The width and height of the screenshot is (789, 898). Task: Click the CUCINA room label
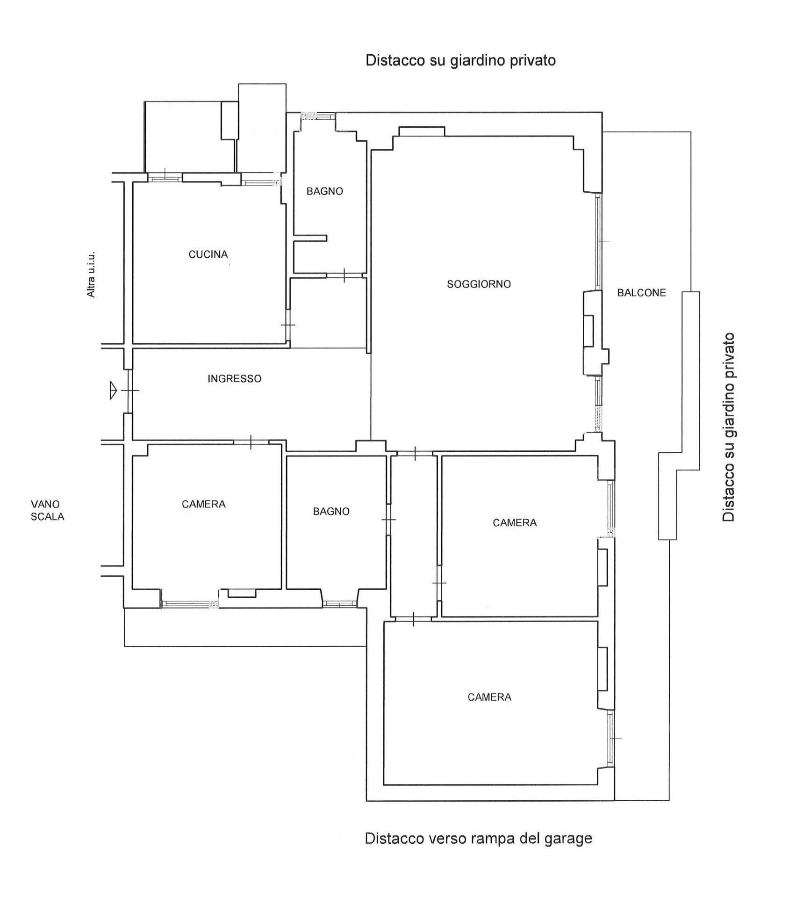click(x=208, y=254)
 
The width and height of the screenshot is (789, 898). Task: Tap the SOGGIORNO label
click(x=479, y=284)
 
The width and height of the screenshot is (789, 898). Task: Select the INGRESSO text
click(x=234, y=378)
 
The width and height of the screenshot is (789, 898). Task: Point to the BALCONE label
click(x=641, y=293)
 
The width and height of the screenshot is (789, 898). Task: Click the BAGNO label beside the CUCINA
click(x=324, y=191)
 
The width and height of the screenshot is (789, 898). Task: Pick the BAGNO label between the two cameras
click(x=331, y=511)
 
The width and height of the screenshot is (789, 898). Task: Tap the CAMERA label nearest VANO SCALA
click(x=203, y=504)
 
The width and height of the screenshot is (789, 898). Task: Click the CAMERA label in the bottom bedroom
click(x=489, y=697)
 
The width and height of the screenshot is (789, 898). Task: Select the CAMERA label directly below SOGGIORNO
click(x=515, y=522)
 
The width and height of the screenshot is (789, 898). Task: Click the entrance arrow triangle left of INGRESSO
click(x=113, y=390)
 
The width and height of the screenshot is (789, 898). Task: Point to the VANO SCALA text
click(x=47, y=510)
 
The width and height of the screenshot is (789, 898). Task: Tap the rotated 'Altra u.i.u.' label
click(x=91, y=275)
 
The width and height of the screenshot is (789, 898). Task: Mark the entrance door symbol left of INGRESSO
click(x=130, y=390)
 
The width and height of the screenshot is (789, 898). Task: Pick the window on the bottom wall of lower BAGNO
click(x=340, y=604)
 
